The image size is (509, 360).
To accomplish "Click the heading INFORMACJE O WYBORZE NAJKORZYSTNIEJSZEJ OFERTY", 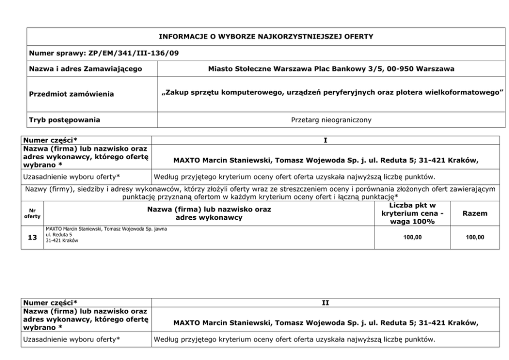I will [x=266, y=36].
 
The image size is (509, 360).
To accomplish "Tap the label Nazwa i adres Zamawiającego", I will [x=86, y=68].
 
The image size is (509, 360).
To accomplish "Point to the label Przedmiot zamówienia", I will [x=72, y=94].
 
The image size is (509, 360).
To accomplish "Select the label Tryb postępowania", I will [x=65, y=120].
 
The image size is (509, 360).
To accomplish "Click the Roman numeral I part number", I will [x=325, y=140].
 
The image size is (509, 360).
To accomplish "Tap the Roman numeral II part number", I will [x=325, y=303].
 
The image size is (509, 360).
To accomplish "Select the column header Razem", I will [x=475, y=213].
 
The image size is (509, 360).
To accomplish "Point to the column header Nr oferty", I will [x=32, y=213].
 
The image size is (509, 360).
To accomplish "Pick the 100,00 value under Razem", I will [x=475, y=237].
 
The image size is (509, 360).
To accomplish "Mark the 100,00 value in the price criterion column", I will [x=412, y=237].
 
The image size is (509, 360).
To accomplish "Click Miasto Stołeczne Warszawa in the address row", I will [x=254, y=68].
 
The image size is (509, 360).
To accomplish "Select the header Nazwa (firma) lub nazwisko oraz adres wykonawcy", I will [x=209, y=213].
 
